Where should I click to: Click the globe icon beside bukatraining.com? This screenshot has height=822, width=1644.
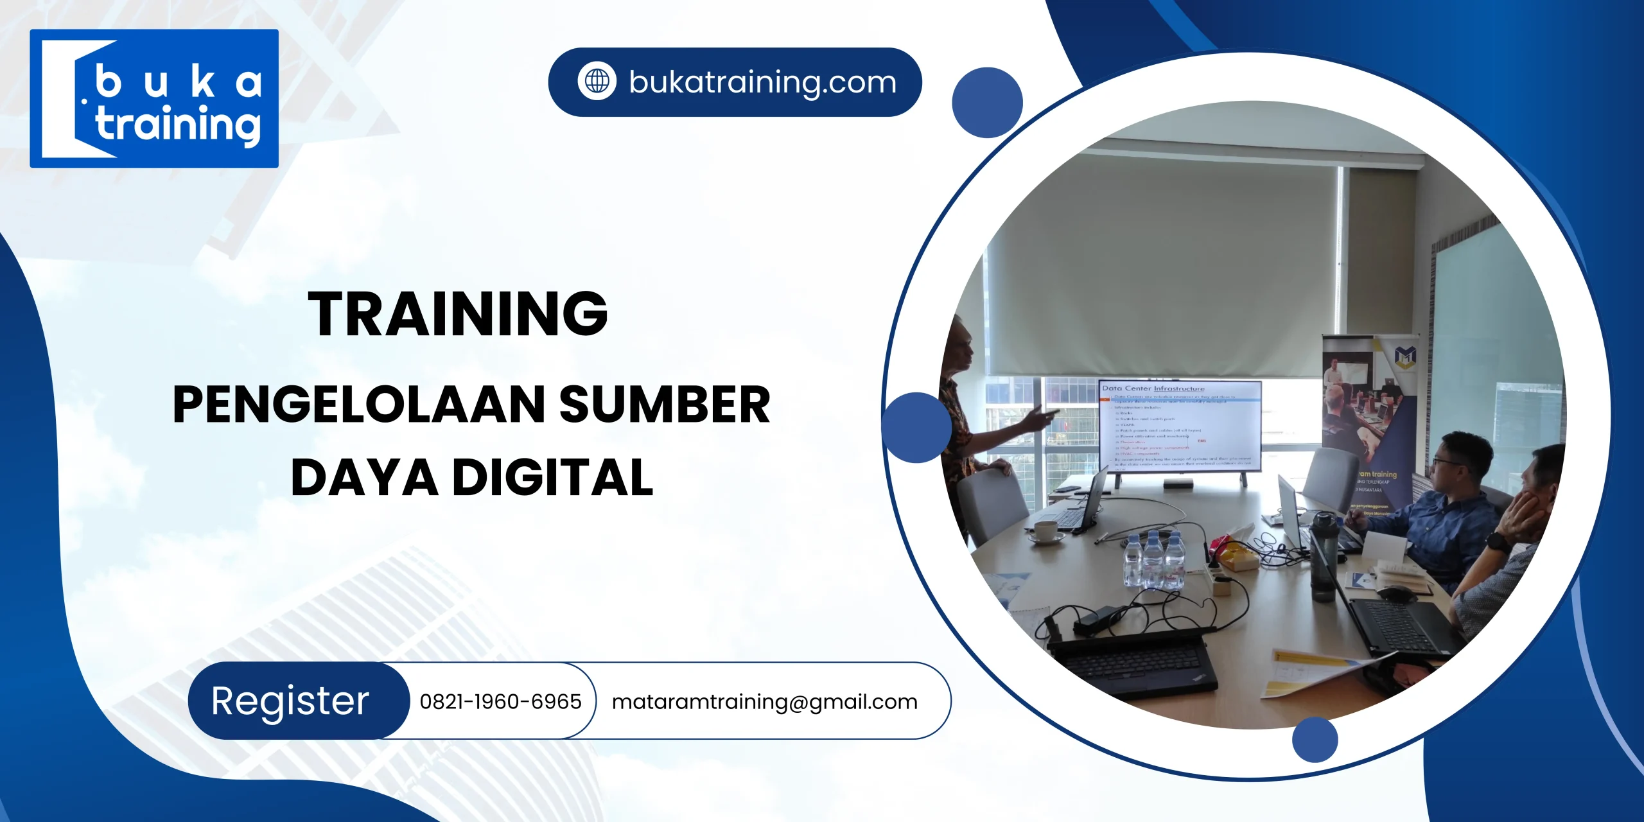(x=597, y=82)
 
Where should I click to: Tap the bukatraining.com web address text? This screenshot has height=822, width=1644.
(x=762, y=82)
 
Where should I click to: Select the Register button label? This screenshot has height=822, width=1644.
(x=290, y=701)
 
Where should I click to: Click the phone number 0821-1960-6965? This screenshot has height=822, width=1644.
(x=500, y=702)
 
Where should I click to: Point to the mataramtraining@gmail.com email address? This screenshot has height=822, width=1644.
(x=764, y=702)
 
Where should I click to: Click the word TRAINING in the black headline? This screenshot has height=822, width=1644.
(x=458, y=313)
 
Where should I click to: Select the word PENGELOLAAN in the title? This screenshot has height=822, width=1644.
(x=359, y=405)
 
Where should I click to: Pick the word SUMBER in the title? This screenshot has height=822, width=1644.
(x=665, y=405)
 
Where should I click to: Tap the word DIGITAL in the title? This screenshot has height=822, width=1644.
(x=553, y=478)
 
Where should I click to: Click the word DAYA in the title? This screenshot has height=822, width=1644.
(x=364, y=478)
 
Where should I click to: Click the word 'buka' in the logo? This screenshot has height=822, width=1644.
(x=179, y=83)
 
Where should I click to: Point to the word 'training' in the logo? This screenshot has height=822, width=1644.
(x=178, y=125)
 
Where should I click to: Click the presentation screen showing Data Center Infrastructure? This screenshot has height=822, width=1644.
(x=1180, y=426)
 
